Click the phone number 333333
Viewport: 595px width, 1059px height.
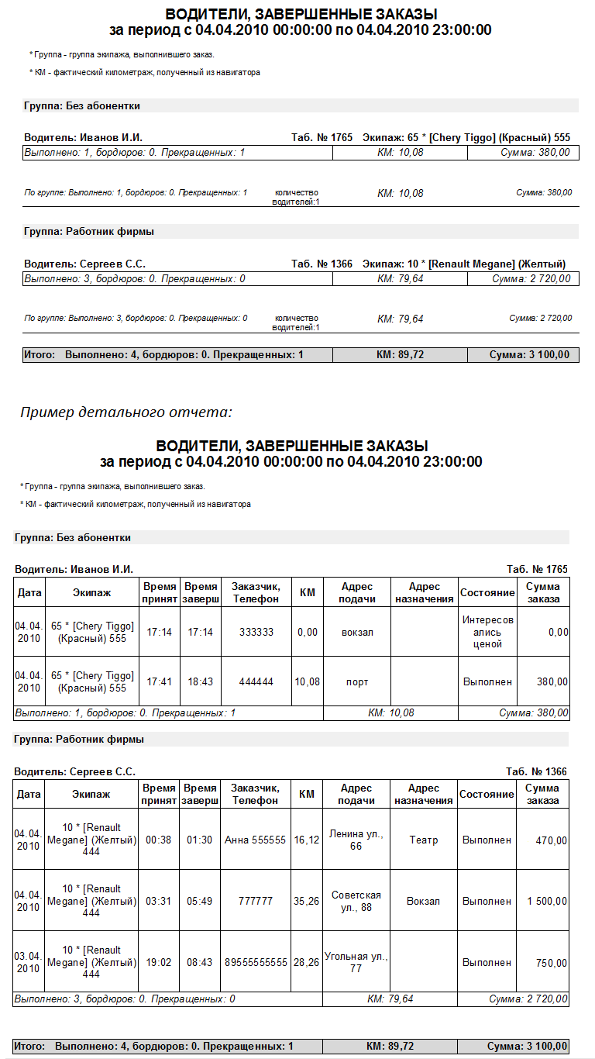256,632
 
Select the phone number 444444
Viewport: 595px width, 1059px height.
256,682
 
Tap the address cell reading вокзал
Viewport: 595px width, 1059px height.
357,632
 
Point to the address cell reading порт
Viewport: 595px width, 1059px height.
357,682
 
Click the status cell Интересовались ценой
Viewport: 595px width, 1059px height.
488,632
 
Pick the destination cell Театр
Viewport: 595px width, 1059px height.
424,840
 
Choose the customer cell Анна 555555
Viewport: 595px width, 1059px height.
256,840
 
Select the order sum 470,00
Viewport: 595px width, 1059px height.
552,840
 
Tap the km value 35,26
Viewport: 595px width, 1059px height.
308,902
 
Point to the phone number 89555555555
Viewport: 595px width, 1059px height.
256,962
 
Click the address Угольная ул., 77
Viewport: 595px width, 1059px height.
356,962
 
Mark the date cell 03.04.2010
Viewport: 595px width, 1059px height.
29,962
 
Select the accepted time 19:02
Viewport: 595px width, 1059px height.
159,962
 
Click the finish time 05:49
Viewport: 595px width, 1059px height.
200,902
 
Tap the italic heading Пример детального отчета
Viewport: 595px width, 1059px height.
126,412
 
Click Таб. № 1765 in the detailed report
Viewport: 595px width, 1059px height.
537,569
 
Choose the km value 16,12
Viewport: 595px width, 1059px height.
308,840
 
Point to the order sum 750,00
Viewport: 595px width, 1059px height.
552,962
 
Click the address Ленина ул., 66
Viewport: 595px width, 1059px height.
356,840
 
